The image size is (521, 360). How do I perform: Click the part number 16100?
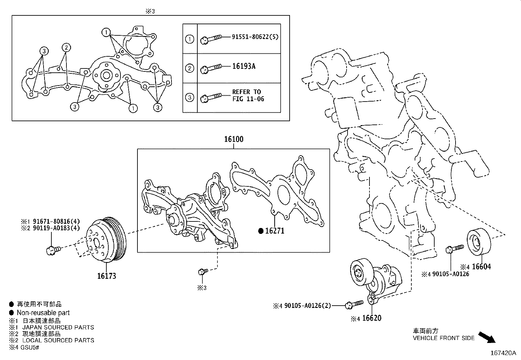tap(234, 139)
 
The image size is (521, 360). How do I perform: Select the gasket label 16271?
tap(275, 231)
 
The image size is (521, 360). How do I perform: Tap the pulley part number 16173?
tap(106, 276)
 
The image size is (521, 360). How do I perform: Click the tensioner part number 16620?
tap(372, 318)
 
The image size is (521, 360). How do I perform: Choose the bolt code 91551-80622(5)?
tap(255, 37)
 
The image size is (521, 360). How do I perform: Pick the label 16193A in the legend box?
tap(244, 66)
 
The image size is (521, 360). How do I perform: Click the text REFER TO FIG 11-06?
tap(248, 95)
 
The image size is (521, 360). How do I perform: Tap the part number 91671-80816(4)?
tap(55, 221)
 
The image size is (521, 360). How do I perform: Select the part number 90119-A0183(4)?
tap(55, 228)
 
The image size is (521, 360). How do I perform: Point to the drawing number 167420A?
tap(503, 353)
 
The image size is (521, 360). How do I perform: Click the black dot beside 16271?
tap(261, 231)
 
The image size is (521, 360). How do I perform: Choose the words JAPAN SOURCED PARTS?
tap(58, 327)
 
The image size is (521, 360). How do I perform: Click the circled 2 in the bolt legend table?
tap(190, 68)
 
